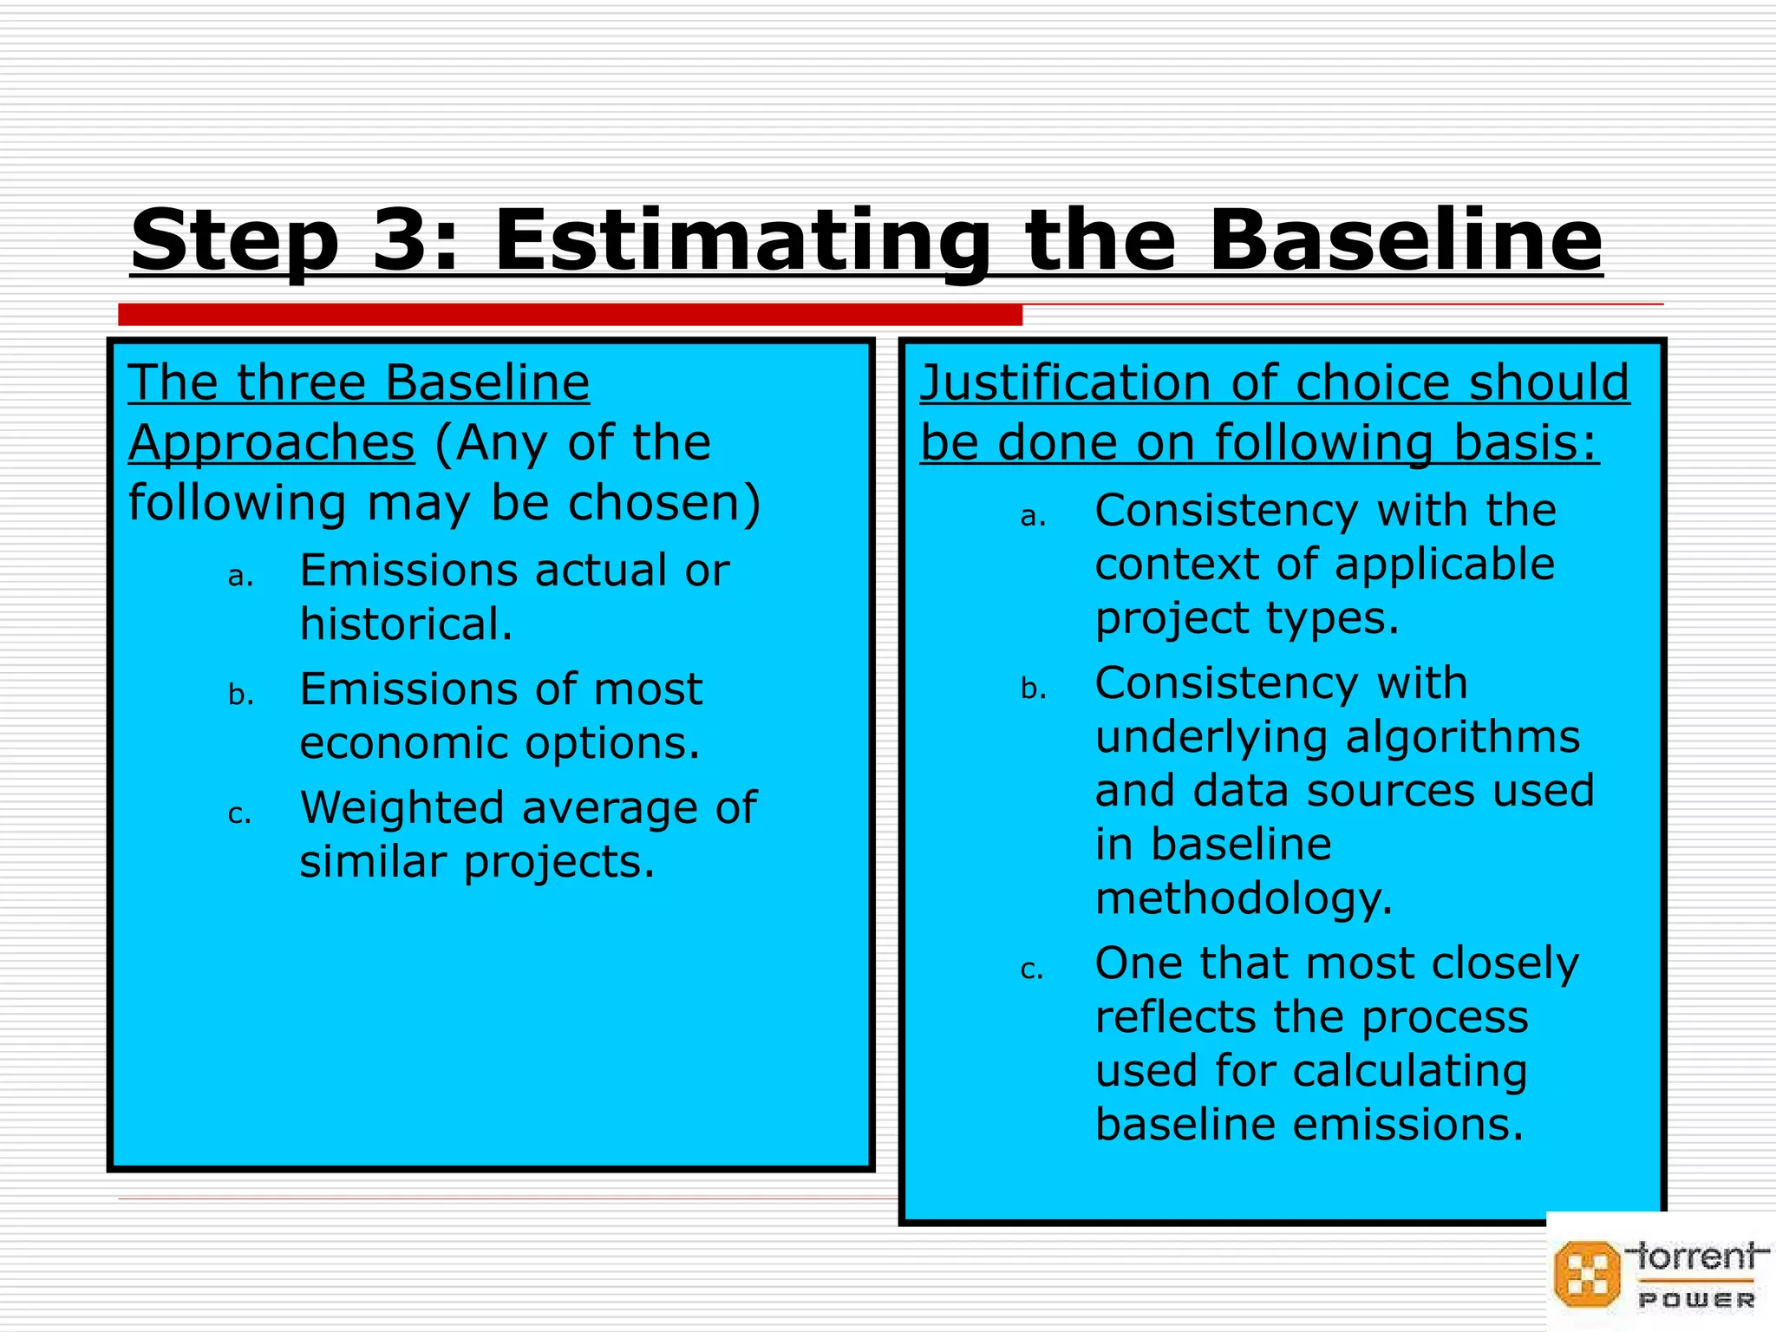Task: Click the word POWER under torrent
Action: click(x=1696, y=1300)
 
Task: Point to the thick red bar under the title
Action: click(x=570, y=315)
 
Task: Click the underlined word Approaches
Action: click(x=271, y=442)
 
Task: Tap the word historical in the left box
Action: click(x=406, y=624)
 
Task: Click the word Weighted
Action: click(x=402, y=808)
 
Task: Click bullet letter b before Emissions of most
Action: click(x=240, y=695)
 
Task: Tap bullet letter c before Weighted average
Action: click(x=239, y=815)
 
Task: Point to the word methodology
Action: click(x=1244, y=899)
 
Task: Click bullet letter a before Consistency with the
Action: click(x=1033, y=517)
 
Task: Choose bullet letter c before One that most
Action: click(x=1032, y=970)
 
